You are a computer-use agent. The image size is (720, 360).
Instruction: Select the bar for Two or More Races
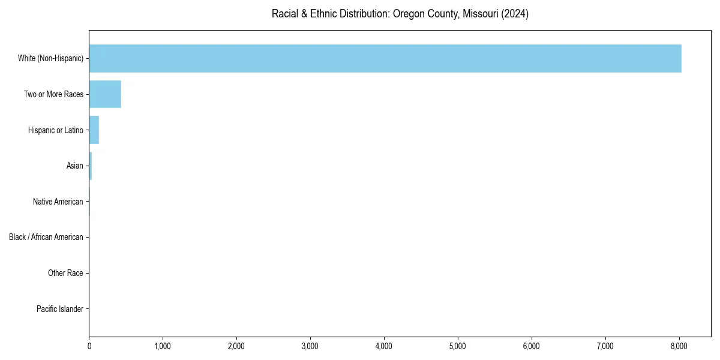(x=105, y=94)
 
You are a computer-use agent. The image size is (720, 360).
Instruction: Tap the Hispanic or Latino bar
(x=94, y=130)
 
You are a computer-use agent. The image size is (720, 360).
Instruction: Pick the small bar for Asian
(x=91, y=166)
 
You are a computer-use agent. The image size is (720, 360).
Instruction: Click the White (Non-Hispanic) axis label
(x=50, y=58)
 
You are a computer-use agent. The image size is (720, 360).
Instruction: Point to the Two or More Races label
(x=53, y=94)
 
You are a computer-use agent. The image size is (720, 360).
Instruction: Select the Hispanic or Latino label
(x=55, y=130)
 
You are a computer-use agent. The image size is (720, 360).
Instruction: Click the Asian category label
(x=75, y=166)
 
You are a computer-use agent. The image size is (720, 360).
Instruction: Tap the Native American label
(x=58, y=202)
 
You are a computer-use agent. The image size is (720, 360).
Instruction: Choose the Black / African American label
(x=46, y=237)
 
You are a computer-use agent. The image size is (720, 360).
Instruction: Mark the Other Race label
(x=65, y=273)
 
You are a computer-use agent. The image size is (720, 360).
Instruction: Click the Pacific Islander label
(x=59, y=309)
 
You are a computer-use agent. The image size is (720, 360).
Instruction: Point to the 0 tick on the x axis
(x=89, y=346)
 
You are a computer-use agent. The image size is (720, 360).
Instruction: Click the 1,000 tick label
(x=163, y=346)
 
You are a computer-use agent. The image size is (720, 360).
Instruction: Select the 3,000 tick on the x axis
(x=310, y=346)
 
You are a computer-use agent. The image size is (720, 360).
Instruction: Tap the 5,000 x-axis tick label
(x=458, y=346)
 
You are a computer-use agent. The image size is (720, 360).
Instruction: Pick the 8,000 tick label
(x=679, y=346)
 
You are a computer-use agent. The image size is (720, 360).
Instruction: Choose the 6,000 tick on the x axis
(x=532, y=346)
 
